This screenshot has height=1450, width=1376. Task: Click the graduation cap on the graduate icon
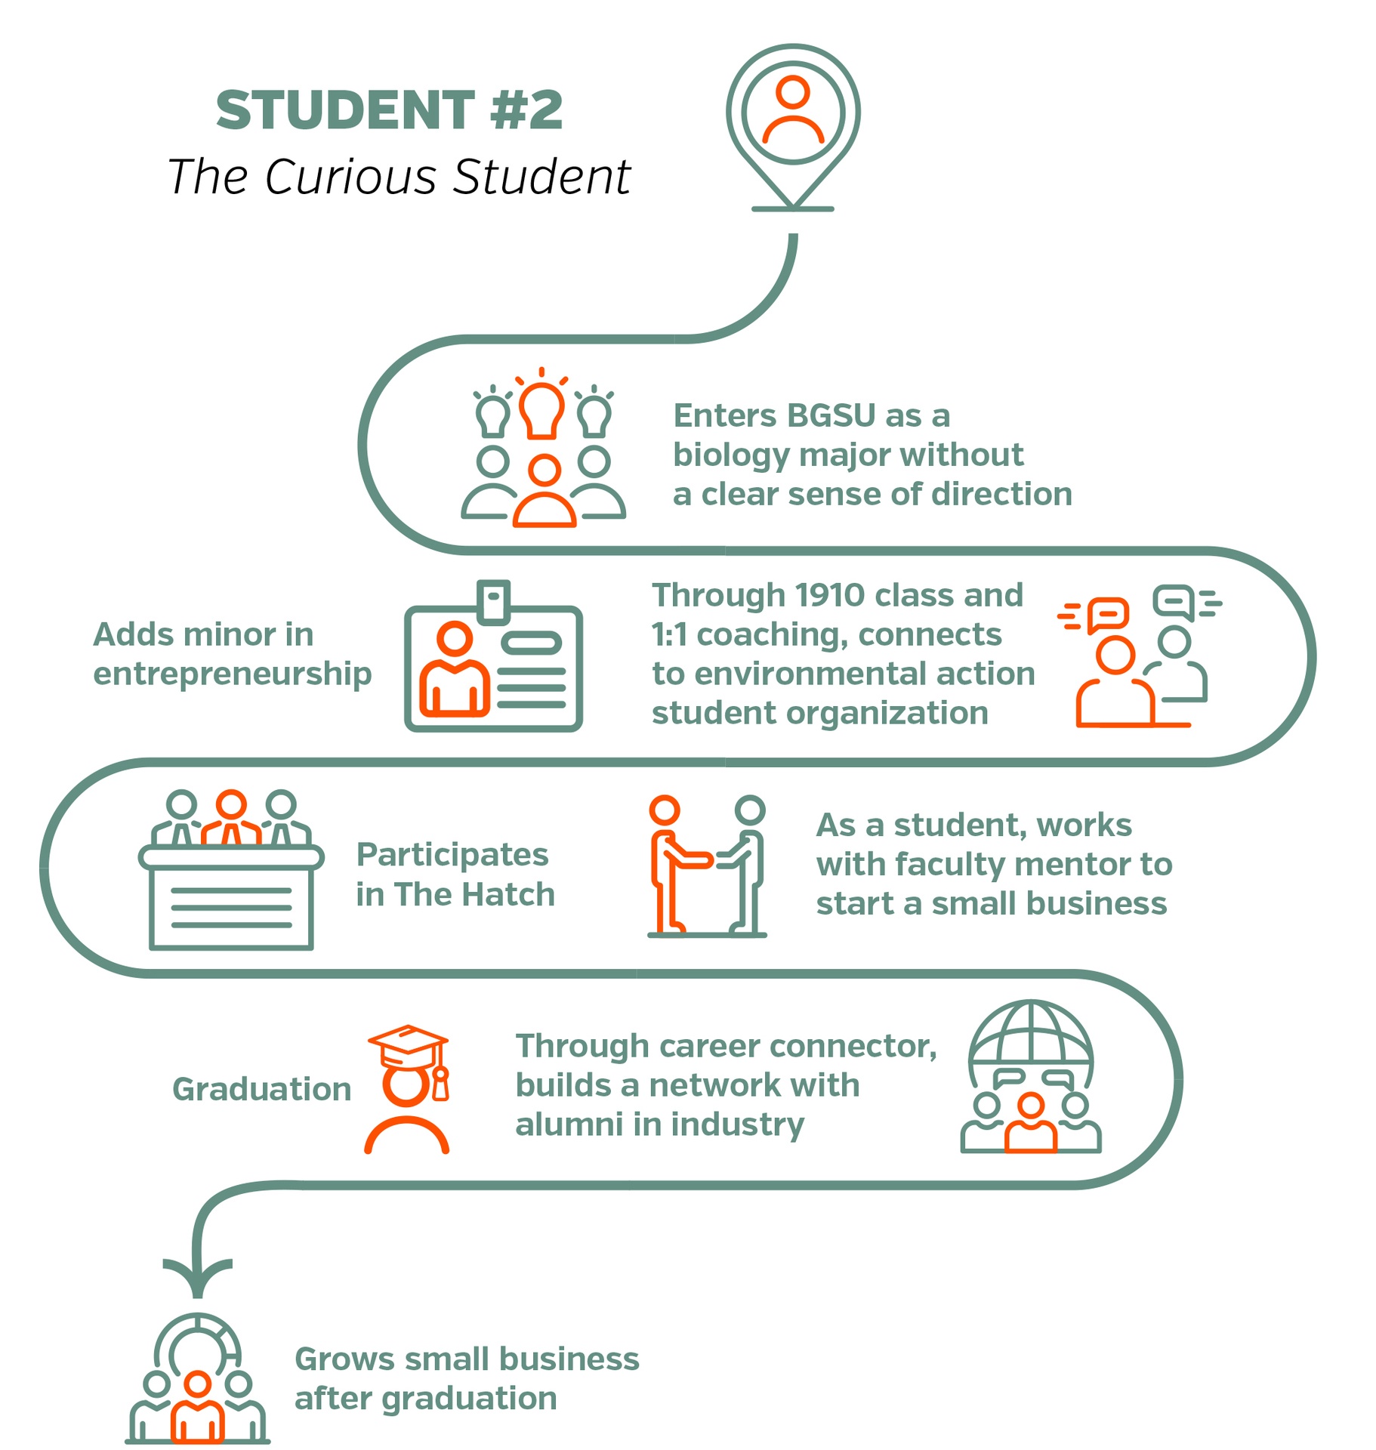pyautogui.click(x=409, y=1040)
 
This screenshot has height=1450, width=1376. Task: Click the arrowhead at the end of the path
pyautogui.click(x=198, y=1276)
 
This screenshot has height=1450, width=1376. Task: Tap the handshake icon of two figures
pyautogui.click(x=707, y=865)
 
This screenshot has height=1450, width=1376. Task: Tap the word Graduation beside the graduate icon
pyautogui.click(x=261, y=1089)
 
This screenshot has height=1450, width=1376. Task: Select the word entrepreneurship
pyautogui.click(x=232, y=674)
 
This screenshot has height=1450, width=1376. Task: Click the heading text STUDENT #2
pyautogui.click(x=389, y=110)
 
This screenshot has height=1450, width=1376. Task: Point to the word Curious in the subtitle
pyautogui.click(x=350, y=177)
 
